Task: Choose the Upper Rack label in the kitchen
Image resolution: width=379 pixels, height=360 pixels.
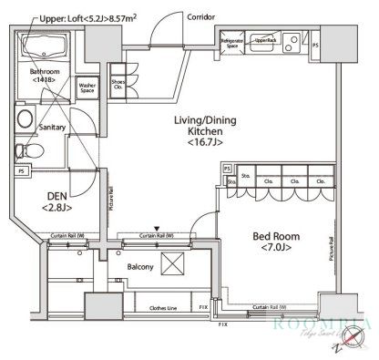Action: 264,41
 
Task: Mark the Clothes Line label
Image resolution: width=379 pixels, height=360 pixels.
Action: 165,308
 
